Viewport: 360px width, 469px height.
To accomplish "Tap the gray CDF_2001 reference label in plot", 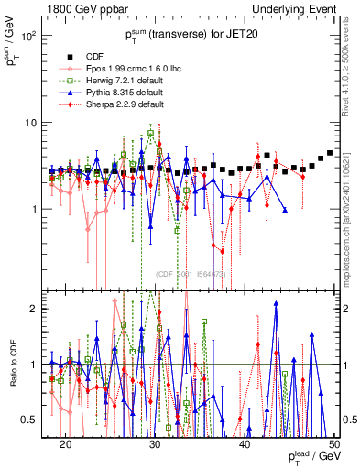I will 192,274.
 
